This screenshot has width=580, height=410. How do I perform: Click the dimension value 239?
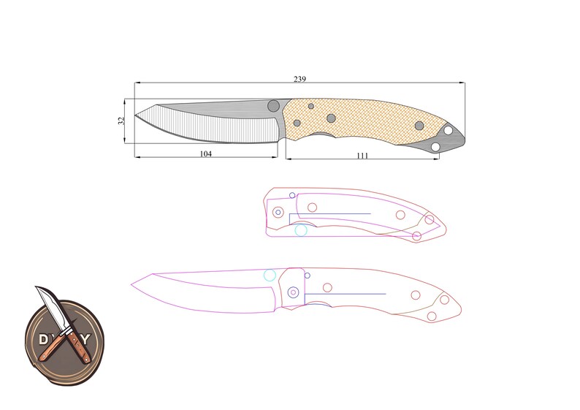(299, 79)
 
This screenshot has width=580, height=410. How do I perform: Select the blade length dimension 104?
(205, 154)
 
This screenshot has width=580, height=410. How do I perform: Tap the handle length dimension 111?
(362, 155)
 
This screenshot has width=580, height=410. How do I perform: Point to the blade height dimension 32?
(122, 120)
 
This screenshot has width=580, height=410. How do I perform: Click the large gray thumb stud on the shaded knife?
(274, 105)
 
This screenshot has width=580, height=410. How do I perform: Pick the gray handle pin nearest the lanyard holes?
(419, 126)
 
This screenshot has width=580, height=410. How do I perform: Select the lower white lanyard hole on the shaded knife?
(436, 148)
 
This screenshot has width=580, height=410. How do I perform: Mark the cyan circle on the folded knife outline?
(301, 230)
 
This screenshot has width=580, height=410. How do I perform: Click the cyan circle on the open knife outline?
(270, 276)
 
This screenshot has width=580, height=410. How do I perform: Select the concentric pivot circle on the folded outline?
(278, 212)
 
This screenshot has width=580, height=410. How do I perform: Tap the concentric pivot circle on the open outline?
(294, 292)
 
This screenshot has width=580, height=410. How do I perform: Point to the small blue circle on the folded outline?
(292, 195)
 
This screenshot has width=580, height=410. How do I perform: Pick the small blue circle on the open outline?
(307, 276)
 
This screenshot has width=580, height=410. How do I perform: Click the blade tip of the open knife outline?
(131, 283)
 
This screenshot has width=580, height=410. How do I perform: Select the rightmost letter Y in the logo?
(88, 339)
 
